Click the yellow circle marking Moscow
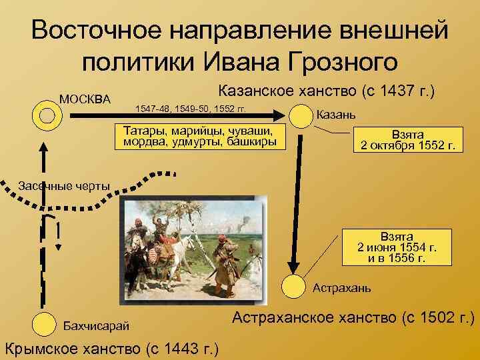click(x=46, y=115)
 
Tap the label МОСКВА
click(x=85, y=99)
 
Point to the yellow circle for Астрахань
click(x=293, y=286)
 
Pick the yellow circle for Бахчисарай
click(x=44, y=324)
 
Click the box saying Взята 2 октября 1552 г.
click(x=407, y=140)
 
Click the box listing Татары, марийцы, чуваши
click(x=200, y=136)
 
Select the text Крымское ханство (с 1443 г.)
click(x=113, y=347)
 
